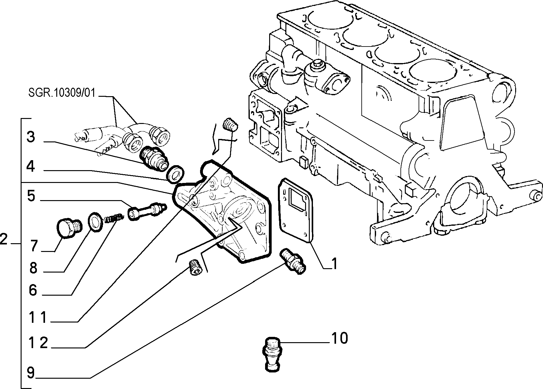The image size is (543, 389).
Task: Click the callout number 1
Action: [x=334, y=264]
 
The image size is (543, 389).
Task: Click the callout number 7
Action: [x=31, y=196]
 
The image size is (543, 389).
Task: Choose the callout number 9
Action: [x=33, y=290]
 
